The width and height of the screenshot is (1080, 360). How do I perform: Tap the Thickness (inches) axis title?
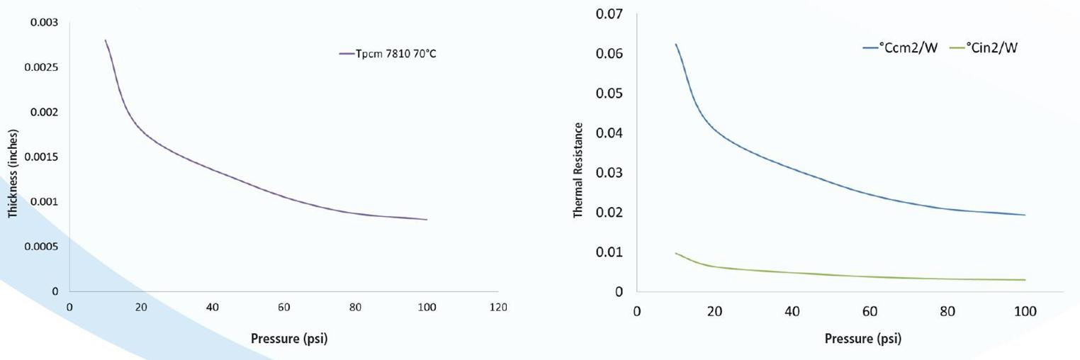pyautogui.click(x=13, y=174)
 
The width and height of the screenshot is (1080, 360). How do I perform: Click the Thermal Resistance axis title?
pyautogui.click(x=578, y=170)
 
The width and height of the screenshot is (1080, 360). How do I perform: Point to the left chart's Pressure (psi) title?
pyautogui.click(x=289, y=339)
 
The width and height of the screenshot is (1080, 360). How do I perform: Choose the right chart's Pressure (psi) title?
pyautogui.click(x=863, y=339)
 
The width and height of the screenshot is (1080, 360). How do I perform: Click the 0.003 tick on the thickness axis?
pyautogui.click(x=44, y=23)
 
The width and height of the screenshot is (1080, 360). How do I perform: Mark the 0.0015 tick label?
pyautogui.click(x=41, y=157)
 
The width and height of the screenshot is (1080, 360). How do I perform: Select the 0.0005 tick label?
pyautogui.click(x=41, y=247)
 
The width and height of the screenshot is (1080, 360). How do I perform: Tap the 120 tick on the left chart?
pyautogui.click(x=498, y=308)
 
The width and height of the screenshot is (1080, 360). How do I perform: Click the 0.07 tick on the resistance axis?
pyautogui.click(x=609, y=14)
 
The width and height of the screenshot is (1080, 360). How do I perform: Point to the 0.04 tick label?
pyautogui.click(x=609, y=133)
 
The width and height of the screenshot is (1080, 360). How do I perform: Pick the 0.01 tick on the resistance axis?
pyautogui.click(x=609, y=252)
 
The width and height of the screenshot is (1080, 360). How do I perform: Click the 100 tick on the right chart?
pyautogui.click(x=1025, y=312)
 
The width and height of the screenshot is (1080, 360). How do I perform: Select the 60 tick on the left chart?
pyautogui.click(x=284, y=308)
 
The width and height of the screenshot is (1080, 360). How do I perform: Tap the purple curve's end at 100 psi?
pyautogui.click(x=427, y=220)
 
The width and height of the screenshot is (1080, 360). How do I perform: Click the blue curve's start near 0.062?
pyautogui.click(x=675, y=45)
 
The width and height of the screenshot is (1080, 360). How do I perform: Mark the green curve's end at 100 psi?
pyautogui.click(x=1025, y=280)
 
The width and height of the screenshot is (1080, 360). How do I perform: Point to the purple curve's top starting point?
pyautogui.click(x=105, y=40)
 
